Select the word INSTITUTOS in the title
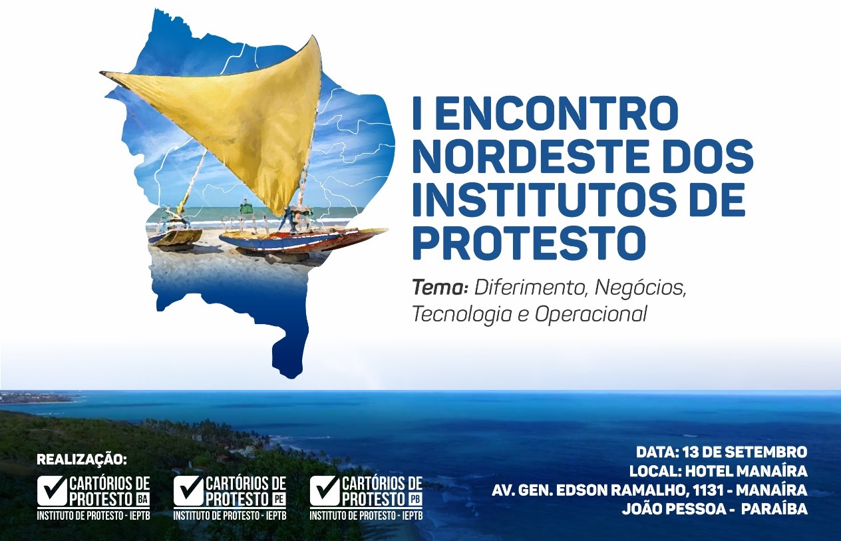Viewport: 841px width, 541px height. coord(542,200)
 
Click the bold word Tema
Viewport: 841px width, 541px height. coord(440,288)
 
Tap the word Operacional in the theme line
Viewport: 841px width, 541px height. coord(591,314)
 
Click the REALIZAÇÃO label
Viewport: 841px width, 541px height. coord(83,460)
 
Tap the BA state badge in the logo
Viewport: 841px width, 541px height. coord(142,500)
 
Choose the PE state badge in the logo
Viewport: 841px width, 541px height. coord(279,500)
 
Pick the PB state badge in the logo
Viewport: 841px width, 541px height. coord(415,500)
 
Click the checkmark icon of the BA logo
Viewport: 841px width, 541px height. coord(52,490)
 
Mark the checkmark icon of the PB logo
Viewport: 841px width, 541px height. coord(325,490)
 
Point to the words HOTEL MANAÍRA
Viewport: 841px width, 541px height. coord(747,470)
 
